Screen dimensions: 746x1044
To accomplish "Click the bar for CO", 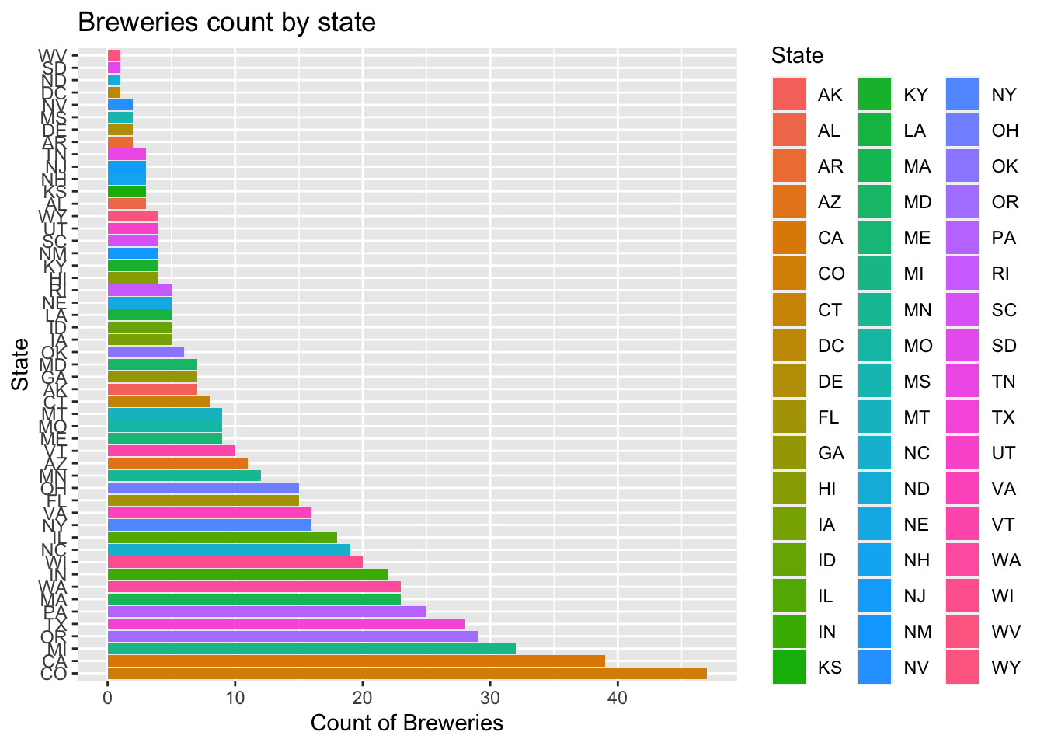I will click(407, 674).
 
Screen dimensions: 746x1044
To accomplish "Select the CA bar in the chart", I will click(356, 661).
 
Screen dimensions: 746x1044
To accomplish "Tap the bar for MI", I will click(311, 649).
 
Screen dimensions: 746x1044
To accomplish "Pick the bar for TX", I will click(286, 624).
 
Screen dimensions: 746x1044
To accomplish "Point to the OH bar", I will click(203, 488).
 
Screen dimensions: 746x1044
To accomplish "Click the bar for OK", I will click(145, 352).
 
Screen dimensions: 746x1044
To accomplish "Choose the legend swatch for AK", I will click(789, 95).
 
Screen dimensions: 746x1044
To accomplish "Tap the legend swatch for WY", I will click(962, 667).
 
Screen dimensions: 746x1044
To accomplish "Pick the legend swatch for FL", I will click(789, 417).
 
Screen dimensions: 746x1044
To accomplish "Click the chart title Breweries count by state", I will click(227, 23).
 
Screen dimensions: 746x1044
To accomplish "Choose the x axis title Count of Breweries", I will click(407, 723).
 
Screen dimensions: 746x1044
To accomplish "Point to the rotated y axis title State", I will click(20, 364).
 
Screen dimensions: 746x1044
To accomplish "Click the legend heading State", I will click(797, 56).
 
